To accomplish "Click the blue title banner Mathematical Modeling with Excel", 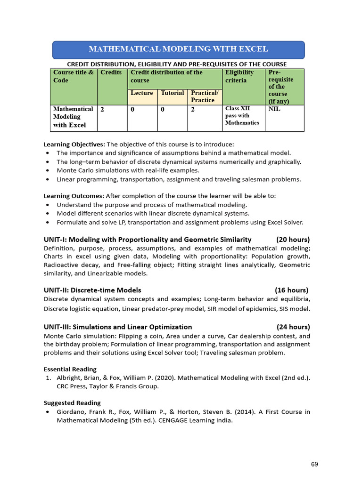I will click(x=178, y=49).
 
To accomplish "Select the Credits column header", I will click(x=111, y=72).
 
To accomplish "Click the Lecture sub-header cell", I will click(x=142, y=93).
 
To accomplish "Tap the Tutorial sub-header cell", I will click(x=173, y=93).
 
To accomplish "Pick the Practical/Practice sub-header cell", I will click(x=205, y=96).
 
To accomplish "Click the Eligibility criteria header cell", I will click(x=239, y=76).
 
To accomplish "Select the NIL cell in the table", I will click(x=274, y=109).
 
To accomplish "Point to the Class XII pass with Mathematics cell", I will click(x=242, y=116).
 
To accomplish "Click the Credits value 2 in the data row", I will click(x=102, y=109).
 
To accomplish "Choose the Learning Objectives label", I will click(x=74, y=144).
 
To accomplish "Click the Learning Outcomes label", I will click(x=74, y=196).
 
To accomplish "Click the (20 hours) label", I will click(x=293, y=239).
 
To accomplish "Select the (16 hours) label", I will click(x=292, y=290).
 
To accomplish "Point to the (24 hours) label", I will click(x=293, y=327).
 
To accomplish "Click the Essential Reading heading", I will click(x=70, y=369).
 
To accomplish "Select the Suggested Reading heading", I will click(x=72, y=402).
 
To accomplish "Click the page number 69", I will click(x=314, y=464).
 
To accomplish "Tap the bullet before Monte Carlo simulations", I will click(x=48, y=171).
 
